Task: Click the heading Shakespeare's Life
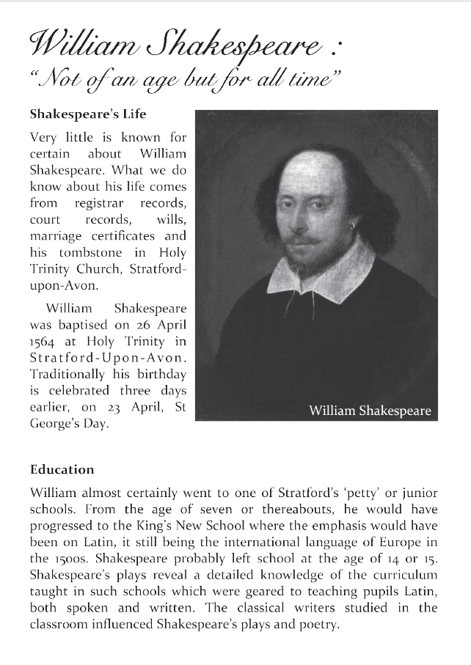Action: point(88,114)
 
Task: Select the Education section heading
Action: point(62,469)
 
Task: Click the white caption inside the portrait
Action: point(370,411)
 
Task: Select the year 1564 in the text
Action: point(43,340)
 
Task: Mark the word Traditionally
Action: point(69,374)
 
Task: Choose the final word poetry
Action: point(320,625)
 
